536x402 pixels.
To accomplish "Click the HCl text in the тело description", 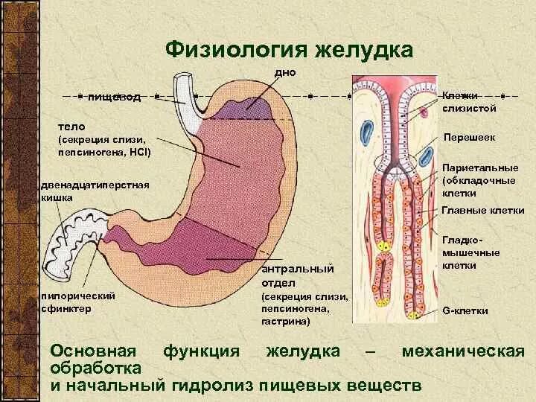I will point(139,152).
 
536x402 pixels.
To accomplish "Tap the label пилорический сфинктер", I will point(76,301).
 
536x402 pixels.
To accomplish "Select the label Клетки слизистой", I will point(469,102).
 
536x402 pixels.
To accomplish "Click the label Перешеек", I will point(469,138).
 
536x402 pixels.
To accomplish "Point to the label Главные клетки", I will point(483,211).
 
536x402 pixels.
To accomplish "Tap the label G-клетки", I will point(465,310).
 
